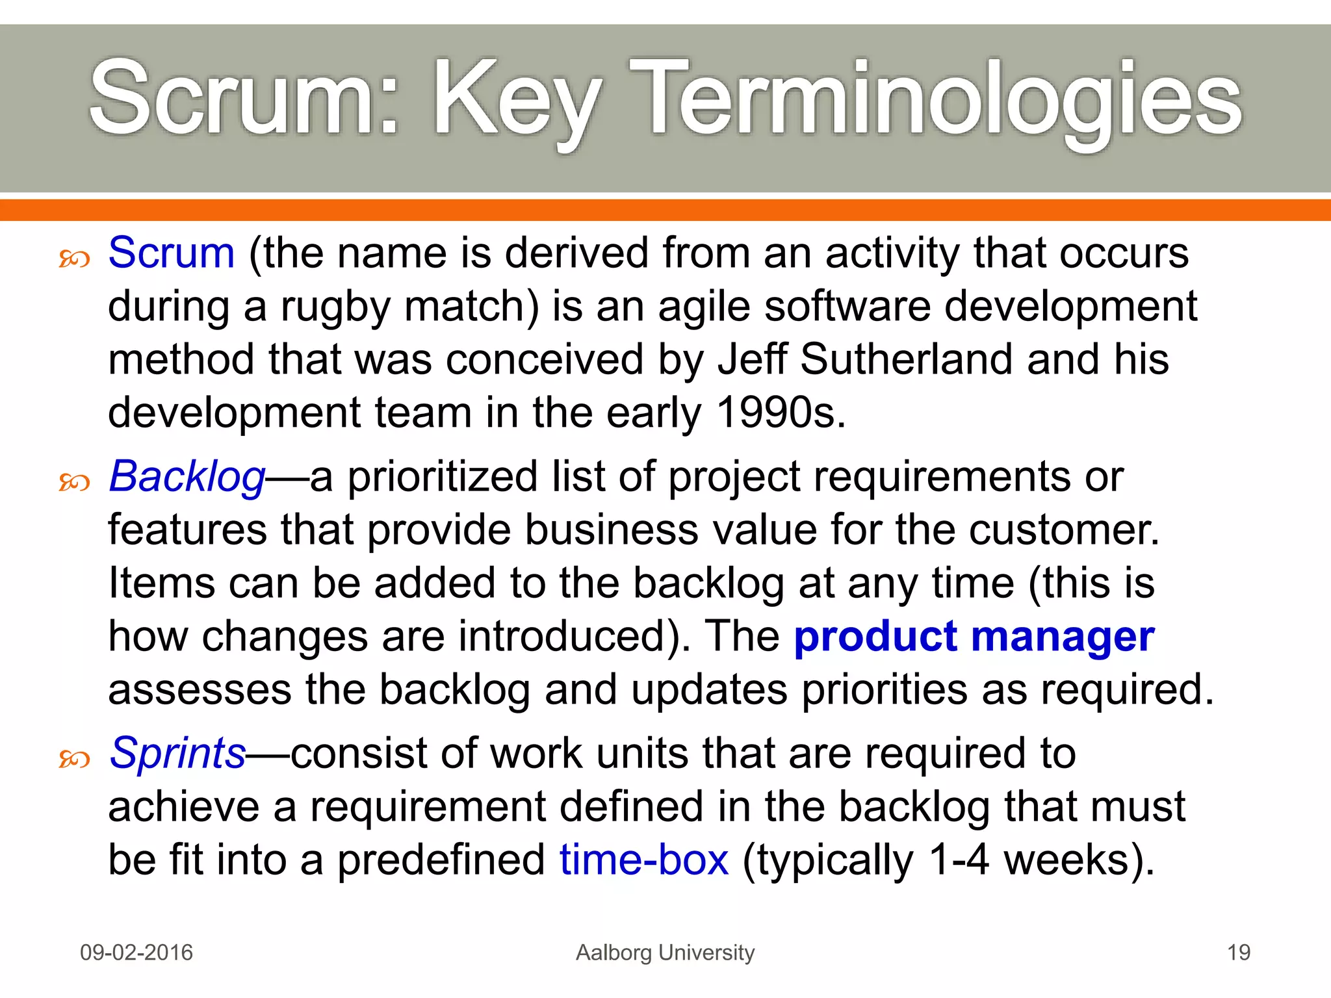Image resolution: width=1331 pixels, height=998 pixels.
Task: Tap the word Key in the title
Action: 517,101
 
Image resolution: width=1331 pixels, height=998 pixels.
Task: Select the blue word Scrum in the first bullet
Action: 171,253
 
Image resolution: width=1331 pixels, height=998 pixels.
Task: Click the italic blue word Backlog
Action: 187,476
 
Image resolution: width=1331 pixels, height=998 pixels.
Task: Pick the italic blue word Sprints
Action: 177,753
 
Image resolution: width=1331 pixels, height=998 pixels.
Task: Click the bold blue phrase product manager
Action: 974,636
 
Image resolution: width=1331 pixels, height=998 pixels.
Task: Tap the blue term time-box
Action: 643,860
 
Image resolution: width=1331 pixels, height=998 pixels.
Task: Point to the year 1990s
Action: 780,413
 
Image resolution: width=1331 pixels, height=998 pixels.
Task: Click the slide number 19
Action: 1238,953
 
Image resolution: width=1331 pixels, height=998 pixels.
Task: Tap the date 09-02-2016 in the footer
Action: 136,953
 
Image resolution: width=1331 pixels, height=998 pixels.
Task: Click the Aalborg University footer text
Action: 665,953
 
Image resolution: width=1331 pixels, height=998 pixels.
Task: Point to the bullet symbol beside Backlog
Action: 74,482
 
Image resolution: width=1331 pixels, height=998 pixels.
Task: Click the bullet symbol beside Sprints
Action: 74,758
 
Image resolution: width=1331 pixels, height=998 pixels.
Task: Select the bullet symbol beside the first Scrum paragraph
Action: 74,259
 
